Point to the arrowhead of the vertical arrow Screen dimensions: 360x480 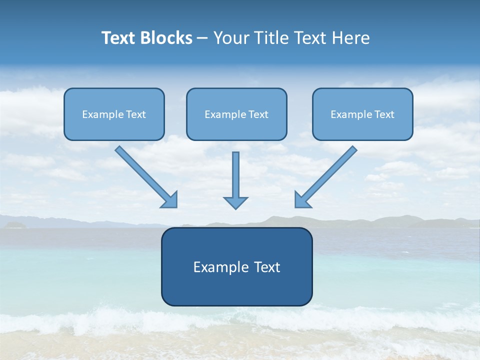click(x=235, y=202)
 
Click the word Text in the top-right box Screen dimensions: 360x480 click(x=384, y=114)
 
